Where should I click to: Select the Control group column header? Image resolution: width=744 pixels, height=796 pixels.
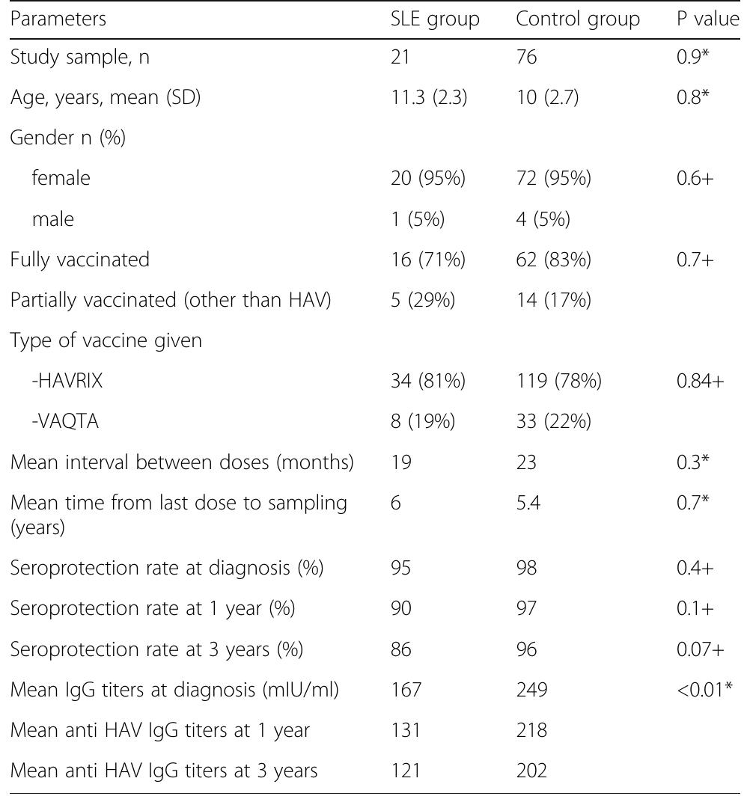coord(577,19)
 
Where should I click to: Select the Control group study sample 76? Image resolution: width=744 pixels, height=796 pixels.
coord(526,58)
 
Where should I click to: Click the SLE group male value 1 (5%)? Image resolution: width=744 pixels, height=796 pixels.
coord(412,218)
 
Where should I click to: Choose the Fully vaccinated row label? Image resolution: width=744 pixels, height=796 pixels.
coord(79,260)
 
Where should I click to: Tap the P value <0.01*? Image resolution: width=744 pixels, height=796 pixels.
coord(707,689)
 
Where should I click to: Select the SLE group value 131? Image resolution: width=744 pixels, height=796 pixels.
coord(402,729)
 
